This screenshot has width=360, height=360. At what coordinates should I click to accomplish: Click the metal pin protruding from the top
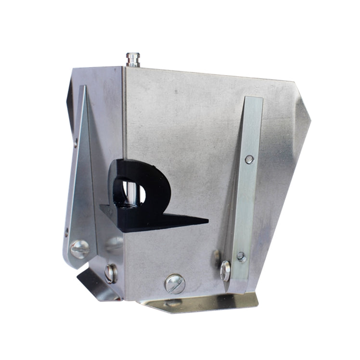[133, 60]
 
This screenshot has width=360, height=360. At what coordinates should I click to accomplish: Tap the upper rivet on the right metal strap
[249, 159]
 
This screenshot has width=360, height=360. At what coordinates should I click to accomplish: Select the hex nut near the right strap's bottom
[242, 257]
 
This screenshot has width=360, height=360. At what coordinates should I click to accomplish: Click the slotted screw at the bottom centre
[175, 283]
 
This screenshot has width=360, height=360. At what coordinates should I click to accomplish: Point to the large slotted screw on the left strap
[79, 249]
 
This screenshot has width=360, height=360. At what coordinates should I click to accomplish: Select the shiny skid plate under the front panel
[202, 302]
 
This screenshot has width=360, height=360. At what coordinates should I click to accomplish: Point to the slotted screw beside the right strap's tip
[225, 270]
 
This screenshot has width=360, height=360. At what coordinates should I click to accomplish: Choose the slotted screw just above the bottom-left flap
[111, 273]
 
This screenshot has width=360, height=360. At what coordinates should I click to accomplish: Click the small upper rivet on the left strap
[76, 142]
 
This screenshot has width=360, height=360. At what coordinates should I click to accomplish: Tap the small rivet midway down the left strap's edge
[67, 231]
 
